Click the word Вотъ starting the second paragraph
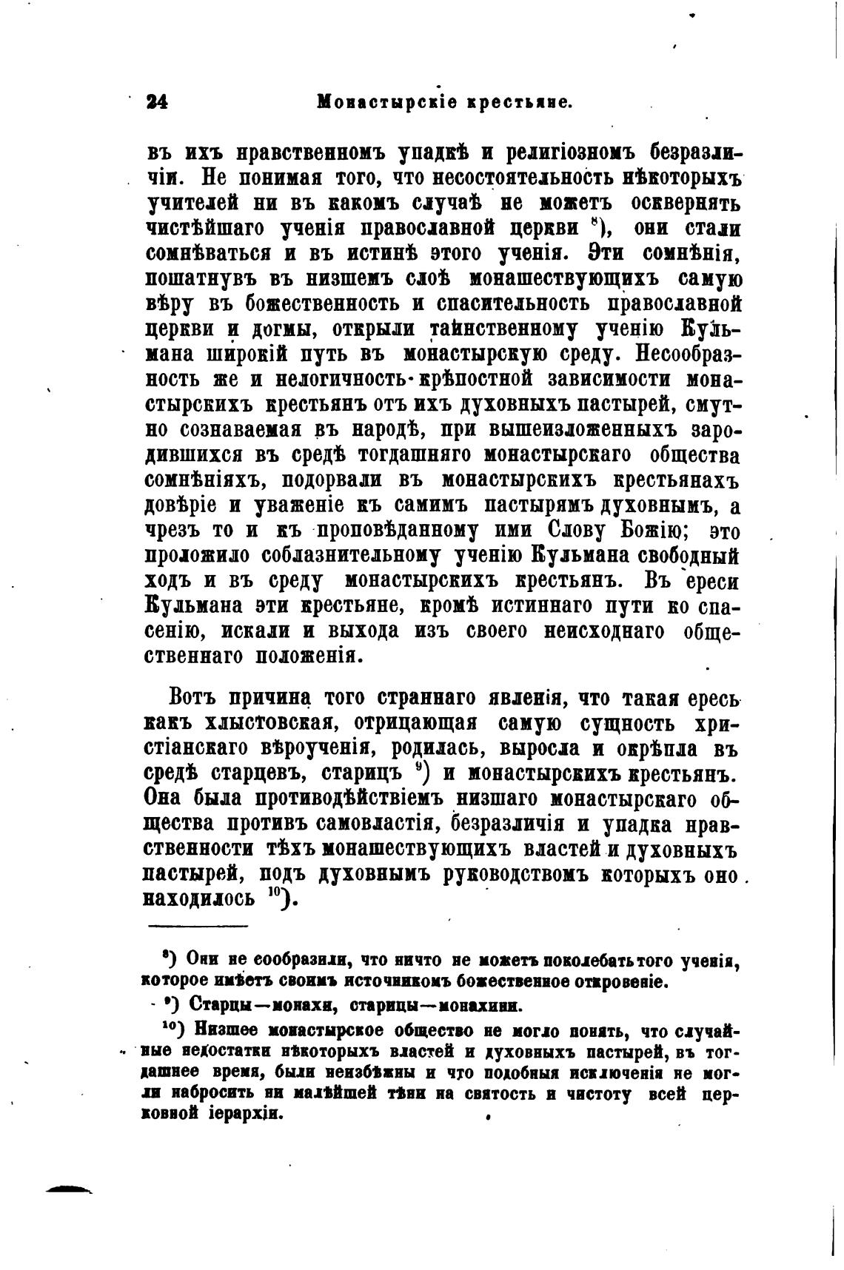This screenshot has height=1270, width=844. tap(195, 697)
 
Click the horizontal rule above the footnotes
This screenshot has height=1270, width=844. tap(198, 926)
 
